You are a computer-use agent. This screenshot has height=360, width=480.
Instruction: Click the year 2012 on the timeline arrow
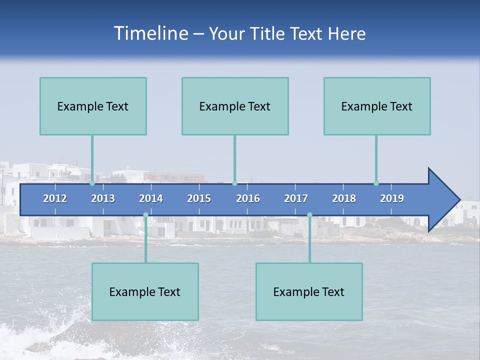55,198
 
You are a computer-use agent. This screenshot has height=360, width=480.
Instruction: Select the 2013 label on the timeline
103,198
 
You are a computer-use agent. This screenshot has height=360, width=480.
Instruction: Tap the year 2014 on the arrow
151,198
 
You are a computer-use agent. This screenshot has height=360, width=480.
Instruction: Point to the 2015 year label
199,198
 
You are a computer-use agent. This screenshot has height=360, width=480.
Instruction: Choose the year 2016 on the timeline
248,198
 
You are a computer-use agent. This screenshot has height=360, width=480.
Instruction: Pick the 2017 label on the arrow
296,198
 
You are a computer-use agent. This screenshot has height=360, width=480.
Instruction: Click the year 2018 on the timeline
344,198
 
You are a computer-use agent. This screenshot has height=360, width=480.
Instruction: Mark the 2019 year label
392,198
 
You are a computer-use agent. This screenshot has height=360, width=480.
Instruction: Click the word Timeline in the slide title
150,33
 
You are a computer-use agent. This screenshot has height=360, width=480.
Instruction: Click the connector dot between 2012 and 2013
92,183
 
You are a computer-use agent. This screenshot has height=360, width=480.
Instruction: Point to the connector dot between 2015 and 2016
234,183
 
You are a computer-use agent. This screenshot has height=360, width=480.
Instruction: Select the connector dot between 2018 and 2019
376,183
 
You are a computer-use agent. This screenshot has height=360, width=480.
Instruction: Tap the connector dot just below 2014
145,215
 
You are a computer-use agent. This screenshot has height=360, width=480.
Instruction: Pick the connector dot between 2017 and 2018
309,215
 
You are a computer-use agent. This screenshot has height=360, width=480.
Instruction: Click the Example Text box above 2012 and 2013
93,106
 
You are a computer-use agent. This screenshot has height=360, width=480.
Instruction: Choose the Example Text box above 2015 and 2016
235,106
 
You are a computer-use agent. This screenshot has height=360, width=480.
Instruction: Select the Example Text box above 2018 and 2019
377,106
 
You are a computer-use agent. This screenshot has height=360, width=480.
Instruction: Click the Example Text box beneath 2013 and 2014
145,291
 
